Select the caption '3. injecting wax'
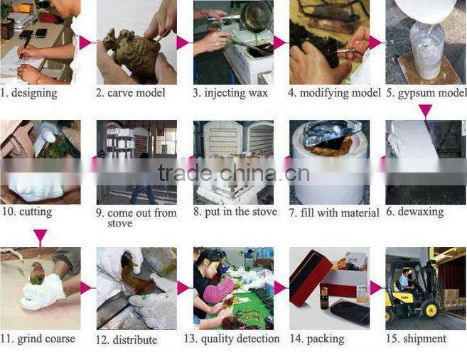click(230, 93)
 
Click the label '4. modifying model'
click(334, 93)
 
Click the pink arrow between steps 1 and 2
click(86, 43)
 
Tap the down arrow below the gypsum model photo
click(425, 111)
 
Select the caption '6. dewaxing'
click(414, 212)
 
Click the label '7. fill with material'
click(333, 212)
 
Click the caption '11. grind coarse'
click(38, 339)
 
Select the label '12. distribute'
click(127, 339)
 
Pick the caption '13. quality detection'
click(232, 339)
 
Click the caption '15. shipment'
click(417, 339)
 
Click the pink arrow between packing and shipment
click(376, 288)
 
